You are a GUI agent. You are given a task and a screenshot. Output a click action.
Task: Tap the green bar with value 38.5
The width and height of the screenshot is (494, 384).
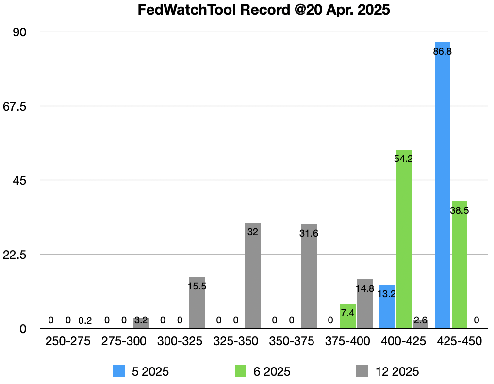459,265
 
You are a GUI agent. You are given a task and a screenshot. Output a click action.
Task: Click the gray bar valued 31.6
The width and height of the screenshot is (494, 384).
309,276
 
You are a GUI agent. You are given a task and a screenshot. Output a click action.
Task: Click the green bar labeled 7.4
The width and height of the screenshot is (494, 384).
347,316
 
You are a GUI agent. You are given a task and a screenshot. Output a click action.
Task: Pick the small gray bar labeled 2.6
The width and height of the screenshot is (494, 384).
420,323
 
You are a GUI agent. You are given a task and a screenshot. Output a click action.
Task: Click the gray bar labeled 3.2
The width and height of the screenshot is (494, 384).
141,323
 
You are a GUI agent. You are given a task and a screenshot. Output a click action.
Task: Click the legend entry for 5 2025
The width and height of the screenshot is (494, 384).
141,371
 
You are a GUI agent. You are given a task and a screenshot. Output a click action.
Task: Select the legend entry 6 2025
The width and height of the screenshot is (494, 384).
262,371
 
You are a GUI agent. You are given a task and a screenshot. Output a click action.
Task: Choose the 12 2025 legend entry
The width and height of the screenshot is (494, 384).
387,371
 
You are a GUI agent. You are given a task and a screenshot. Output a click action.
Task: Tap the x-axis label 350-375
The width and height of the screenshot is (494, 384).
292,341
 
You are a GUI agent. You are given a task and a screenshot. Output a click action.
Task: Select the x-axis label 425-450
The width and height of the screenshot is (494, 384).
459,341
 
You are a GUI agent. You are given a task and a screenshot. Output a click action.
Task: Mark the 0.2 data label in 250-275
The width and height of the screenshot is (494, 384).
85,320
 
